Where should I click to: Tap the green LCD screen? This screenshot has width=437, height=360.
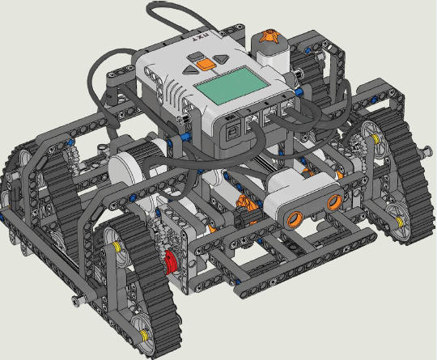(x=231, y=86)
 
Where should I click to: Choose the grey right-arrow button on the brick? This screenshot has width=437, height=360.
(x=221, y=58)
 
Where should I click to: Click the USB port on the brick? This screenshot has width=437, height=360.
(x=231, y=133)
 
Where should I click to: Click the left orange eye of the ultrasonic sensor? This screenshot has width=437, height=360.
(x=296, y=218)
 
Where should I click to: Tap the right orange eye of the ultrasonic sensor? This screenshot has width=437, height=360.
(x=334, y=202)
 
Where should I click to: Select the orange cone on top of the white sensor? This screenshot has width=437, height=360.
(x=269, y=36)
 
